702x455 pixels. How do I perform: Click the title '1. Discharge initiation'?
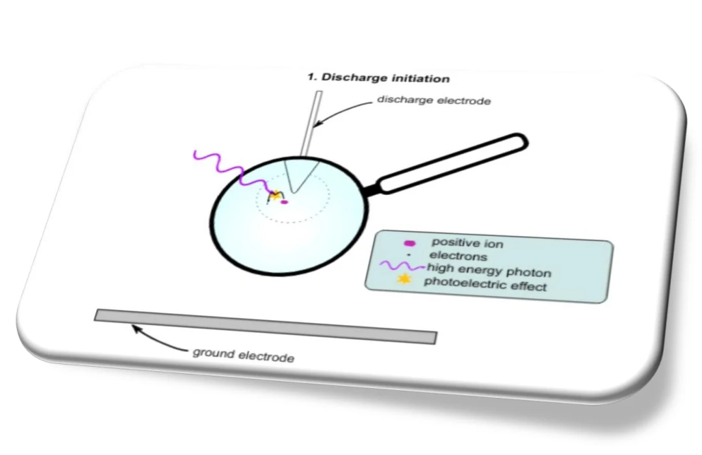[378, 79]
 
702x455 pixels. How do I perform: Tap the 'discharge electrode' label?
[434, 101]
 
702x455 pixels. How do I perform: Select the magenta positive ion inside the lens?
[284, 202]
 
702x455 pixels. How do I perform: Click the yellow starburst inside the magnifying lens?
[276, 195]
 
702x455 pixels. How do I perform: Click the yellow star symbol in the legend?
[405, 278]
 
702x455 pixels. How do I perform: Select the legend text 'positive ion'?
[467, 244]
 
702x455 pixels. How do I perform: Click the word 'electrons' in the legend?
[458, 255]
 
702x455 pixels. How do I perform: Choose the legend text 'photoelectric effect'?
[485, 284]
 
